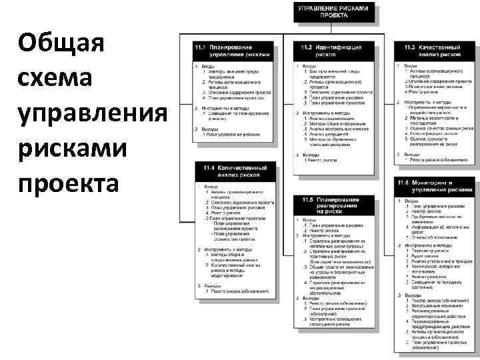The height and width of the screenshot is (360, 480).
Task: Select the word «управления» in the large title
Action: click(93, 113)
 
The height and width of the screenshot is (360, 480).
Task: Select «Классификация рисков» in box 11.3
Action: click(434, 133)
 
